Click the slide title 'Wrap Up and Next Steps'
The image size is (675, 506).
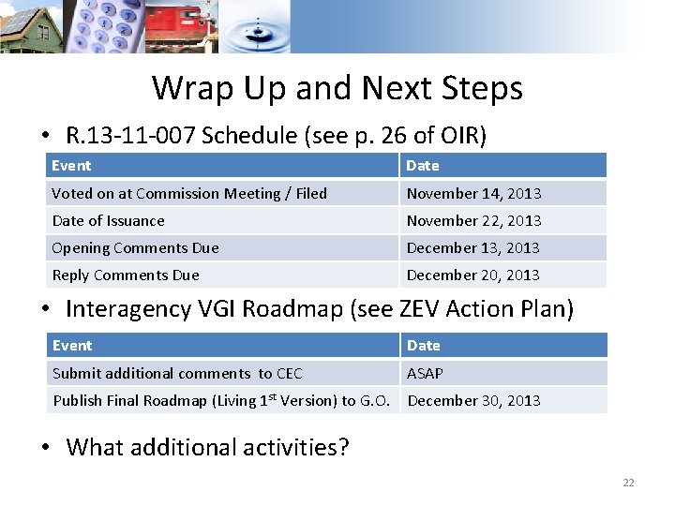337,88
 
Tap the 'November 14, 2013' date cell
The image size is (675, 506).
473,194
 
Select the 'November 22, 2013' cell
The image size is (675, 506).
473,221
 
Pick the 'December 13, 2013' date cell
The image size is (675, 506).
472,248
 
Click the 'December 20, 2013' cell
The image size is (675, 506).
472,275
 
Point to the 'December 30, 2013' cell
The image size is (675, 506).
473,401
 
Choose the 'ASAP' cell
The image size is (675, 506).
425,374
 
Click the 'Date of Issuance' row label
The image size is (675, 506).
108,221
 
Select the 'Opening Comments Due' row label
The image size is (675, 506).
135,248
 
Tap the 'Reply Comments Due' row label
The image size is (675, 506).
126,275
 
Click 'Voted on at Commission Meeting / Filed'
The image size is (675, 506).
189,194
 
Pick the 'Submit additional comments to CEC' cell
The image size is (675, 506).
177,374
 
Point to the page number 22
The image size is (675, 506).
628,483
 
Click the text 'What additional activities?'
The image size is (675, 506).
207,447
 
